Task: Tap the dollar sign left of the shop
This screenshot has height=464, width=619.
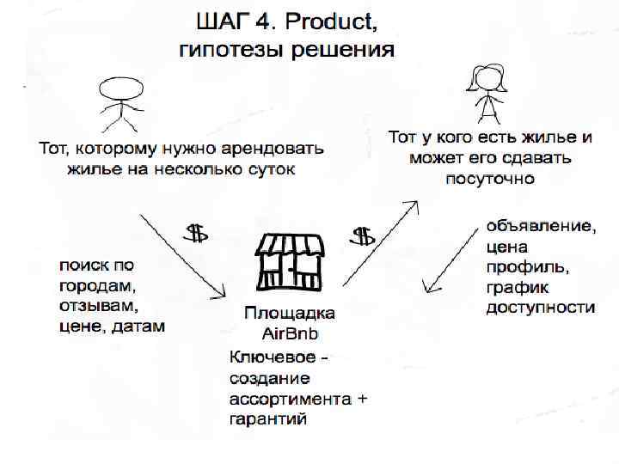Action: [x=197, y=232]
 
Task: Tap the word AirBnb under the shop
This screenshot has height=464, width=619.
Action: [x=290, y=333]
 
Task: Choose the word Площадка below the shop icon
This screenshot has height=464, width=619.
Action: [x=290, y=313]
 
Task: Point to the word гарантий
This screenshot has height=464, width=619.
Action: [x=268, y=419]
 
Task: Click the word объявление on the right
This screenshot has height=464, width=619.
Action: [x=540, y=227]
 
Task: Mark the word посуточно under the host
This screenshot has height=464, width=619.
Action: [x=490, y=179]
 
